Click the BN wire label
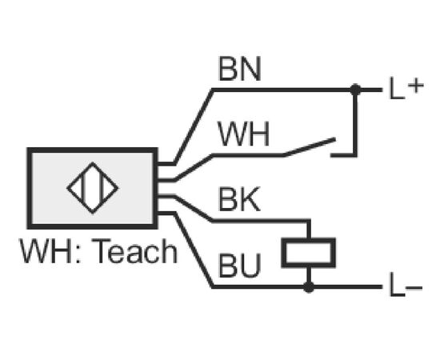tap(240, 69)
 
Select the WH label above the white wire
tap(243, 134)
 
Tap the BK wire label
tap(239, 199)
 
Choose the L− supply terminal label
tap(406, 286)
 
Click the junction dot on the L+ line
tap(355, 90)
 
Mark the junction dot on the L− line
tap(309, 287)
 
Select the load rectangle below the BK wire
tap(309, 253)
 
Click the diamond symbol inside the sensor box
tap(93, 188)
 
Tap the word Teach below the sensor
tap(134, 251)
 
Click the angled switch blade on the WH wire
tap(310, 146)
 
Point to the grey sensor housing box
tap(92, 188)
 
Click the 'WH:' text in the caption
tap(50, 251)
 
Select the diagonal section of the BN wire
tap(194, 126)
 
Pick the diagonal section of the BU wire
tap(194, 250)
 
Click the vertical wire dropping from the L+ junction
tap(355, 122)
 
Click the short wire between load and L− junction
tap(309, 275)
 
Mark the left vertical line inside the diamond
tap(83, 188)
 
